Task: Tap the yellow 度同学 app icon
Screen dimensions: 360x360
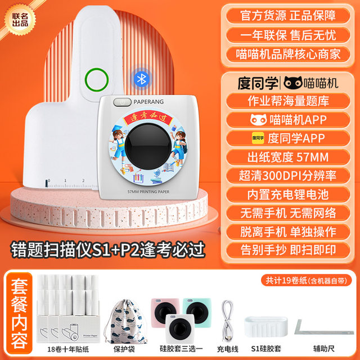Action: click(258, 138)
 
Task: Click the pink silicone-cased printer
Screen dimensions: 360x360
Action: click(164, 311)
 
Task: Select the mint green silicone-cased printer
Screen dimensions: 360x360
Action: click(196, 311)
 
